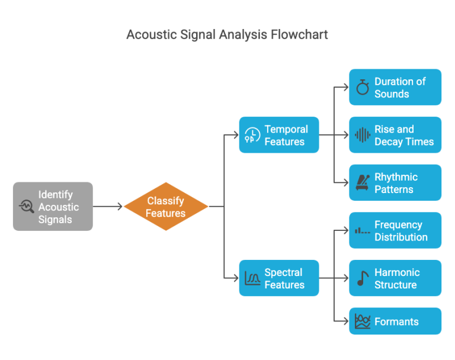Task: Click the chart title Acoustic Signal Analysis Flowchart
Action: (x=227, y=34)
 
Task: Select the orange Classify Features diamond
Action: (x=166, y=207)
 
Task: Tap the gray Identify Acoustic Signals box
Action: (x=53, y=207)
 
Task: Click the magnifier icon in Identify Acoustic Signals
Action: (x=27, y=207)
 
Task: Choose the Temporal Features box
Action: (x=279, y=136)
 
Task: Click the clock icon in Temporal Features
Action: (x=252, y=136)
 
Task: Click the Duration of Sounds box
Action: (x=395, y=88)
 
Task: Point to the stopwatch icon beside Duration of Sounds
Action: (x=363, y=88)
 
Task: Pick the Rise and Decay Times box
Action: (x=395, y=136)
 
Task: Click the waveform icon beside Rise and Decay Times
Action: (x=363, y=136)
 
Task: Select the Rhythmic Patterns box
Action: (x=395, y=183)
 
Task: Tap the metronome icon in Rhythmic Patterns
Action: (x=363, y=183)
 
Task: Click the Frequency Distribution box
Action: (x=395, y=231)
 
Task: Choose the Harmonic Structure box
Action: (x=395, y=279)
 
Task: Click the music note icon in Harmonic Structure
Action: (x=363, y=279)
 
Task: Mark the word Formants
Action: (x=396, y=322)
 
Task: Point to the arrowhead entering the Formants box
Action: (x=345, y=322)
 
